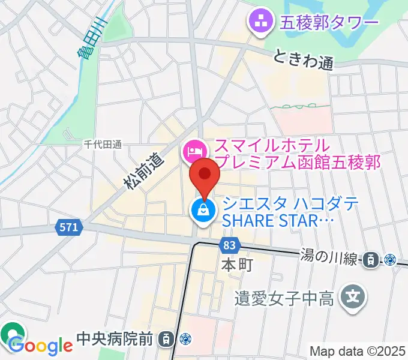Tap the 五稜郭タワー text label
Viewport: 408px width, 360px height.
[329, 23]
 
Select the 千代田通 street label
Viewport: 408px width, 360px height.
[103, 144]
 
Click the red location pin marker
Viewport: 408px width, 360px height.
[204, 175]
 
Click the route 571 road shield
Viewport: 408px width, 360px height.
[69, 227]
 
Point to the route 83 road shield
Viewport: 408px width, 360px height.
[230, 245]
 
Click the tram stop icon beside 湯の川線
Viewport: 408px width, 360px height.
[371, 259]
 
